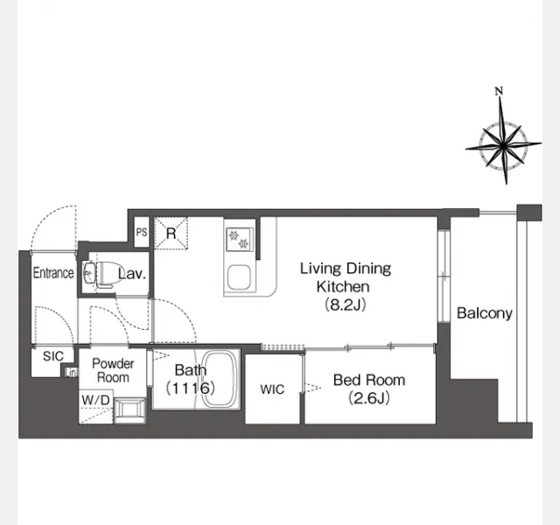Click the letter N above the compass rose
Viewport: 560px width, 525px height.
pos(499,91)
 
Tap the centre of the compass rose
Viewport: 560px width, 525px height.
pos(503,145)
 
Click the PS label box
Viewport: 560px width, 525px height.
pos(142,232)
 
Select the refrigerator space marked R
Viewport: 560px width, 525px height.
pos(171,234)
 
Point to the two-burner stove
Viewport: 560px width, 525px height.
pos(240,240)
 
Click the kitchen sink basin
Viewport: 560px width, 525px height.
pos(239,278)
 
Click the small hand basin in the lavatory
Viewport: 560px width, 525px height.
pos(88,273)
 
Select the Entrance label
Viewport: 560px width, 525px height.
pos(53,273)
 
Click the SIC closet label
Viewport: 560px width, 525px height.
pos(53,356)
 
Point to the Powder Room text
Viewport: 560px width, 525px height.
pos(113,370)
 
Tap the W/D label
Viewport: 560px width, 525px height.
pos(95,401)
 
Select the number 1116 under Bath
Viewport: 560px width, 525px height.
pos(191,388)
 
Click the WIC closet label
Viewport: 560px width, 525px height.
pos(272,389)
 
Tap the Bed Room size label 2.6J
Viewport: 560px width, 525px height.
pos(369,397)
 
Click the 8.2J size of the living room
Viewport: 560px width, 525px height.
pos(346,305)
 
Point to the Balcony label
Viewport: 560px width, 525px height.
pos(485,313)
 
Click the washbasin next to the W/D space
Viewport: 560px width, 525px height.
pos(129,410)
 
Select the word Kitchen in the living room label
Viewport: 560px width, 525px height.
pos(343,287)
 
